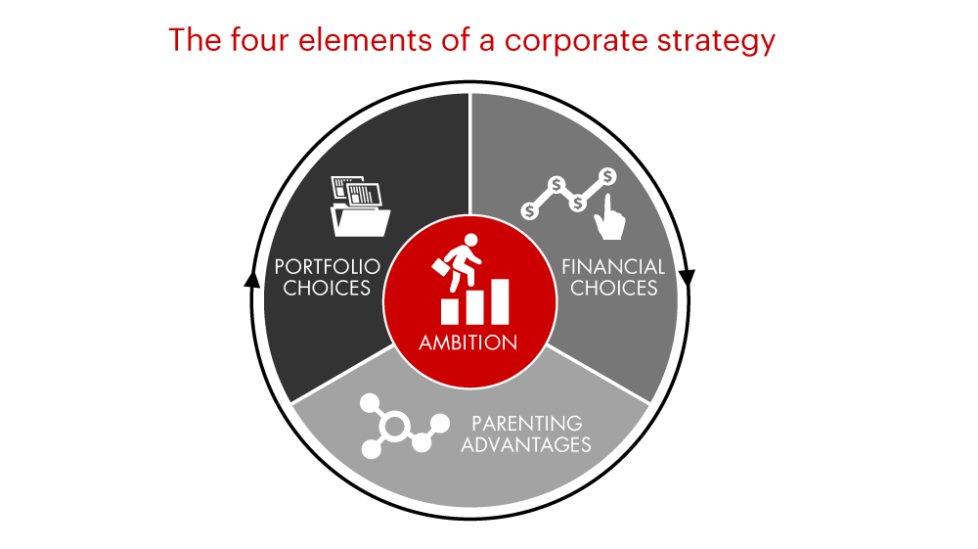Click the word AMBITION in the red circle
tap(467, 343)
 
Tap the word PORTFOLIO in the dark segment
tap(328, 267)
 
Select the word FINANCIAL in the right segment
tap(613, 267)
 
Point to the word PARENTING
tap(527, 424)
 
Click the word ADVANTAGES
tap(526, 445)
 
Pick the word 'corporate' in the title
tap(576, 41)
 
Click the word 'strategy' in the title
tap(716, 41)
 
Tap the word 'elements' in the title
tap(365, 40)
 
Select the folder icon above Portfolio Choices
tap(360, 206)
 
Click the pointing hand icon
tap(609, 217)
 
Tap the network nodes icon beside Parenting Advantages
tap(404, 426)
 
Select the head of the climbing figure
tap(471, 240)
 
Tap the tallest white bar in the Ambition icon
tap(501, 301)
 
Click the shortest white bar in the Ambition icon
tap(449, 310)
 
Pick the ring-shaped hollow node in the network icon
tap(394, 427)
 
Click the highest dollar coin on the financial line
tap(607, 176)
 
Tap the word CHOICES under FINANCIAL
tap(614, 289)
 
